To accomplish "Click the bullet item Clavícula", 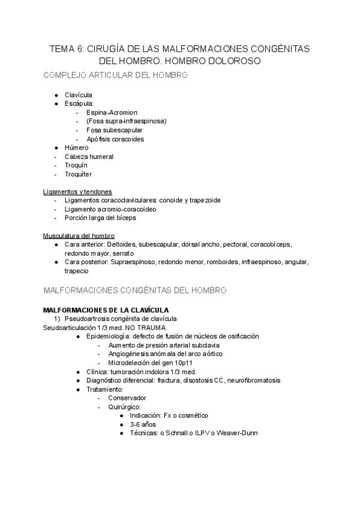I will [79, 95].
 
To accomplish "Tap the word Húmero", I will [77, 148].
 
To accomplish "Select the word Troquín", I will [76, 165].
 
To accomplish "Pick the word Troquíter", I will [79, 174].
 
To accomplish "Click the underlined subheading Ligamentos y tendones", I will [77, 191].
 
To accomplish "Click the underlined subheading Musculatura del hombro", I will [79, 235].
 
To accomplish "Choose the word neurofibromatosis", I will [250, 380].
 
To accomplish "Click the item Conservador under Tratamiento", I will [127, 397].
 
